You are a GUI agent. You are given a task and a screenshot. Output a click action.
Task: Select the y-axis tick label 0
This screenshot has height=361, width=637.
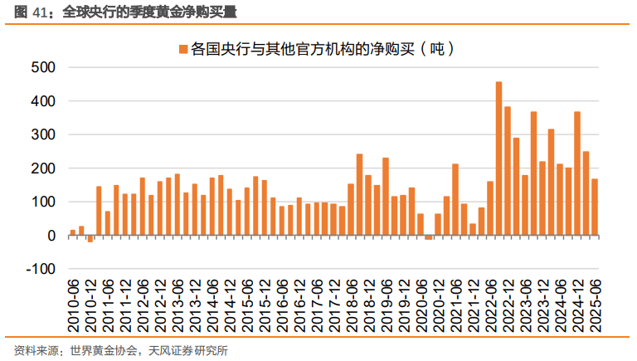51,236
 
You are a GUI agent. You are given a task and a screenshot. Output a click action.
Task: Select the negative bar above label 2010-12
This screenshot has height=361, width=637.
90,239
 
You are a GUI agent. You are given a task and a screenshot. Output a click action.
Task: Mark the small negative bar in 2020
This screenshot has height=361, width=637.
428,237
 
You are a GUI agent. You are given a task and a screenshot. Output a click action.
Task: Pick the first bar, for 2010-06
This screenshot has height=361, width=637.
72,232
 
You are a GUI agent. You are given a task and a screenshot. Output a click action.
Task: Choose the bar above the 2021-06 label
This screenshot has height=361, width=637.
455,199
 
